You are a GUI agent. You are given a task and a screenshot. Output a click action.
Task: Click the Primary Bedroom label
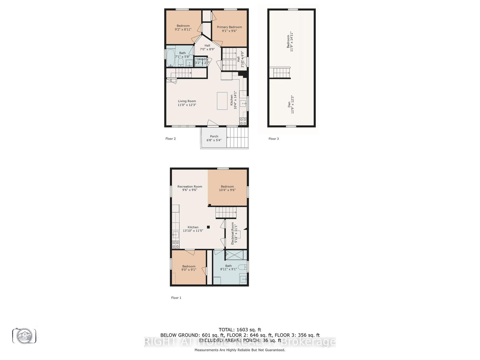coord(229,27)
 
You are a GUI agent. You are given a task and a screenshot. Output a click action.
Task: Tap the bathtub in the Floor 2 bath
coord(171,58)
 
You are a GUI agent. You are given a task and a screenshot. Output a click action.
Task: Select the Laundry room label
coord(202,59)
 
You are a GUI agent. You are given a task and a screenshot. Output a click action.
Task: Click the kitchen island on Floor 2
coord(222,101)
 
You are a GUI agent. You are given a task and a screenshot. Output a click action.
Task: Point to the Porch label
coord(214,136)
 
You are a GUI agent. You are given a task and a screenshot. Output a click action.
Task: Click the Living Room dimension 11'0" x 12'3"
coord(187,105)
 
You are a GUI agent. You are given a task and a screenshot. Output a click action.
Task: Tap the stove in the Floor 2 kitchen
coord(243,121)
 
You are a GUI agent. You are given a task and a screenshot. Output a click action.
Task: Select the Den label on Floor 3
coord(289,105)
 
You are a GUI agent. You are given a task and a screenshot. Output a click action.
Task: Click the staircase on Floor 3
coord(280,73)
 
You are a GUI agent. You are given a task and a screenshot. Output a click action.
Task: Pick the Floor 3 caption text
coord(273,139)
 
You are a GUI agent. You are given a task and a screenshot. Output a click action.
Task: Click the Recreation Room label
coord(190,186)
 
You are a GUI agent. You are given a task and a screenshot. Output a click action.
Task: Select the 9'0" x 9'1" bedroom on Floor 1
coord(189,268)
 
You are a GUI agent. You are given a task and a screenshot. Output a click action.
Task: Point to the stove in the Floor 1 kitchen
coord(175,244)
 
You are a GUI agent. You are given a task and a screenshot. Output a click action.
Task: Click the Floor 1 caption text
coord(176,298)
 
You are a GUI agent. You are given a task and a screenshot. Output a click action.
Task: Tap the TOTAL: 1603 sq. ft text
coord(240,330)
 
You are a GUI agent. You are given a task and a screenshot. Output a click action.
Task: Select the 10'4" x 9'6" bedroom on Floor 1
coord(227,188)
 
